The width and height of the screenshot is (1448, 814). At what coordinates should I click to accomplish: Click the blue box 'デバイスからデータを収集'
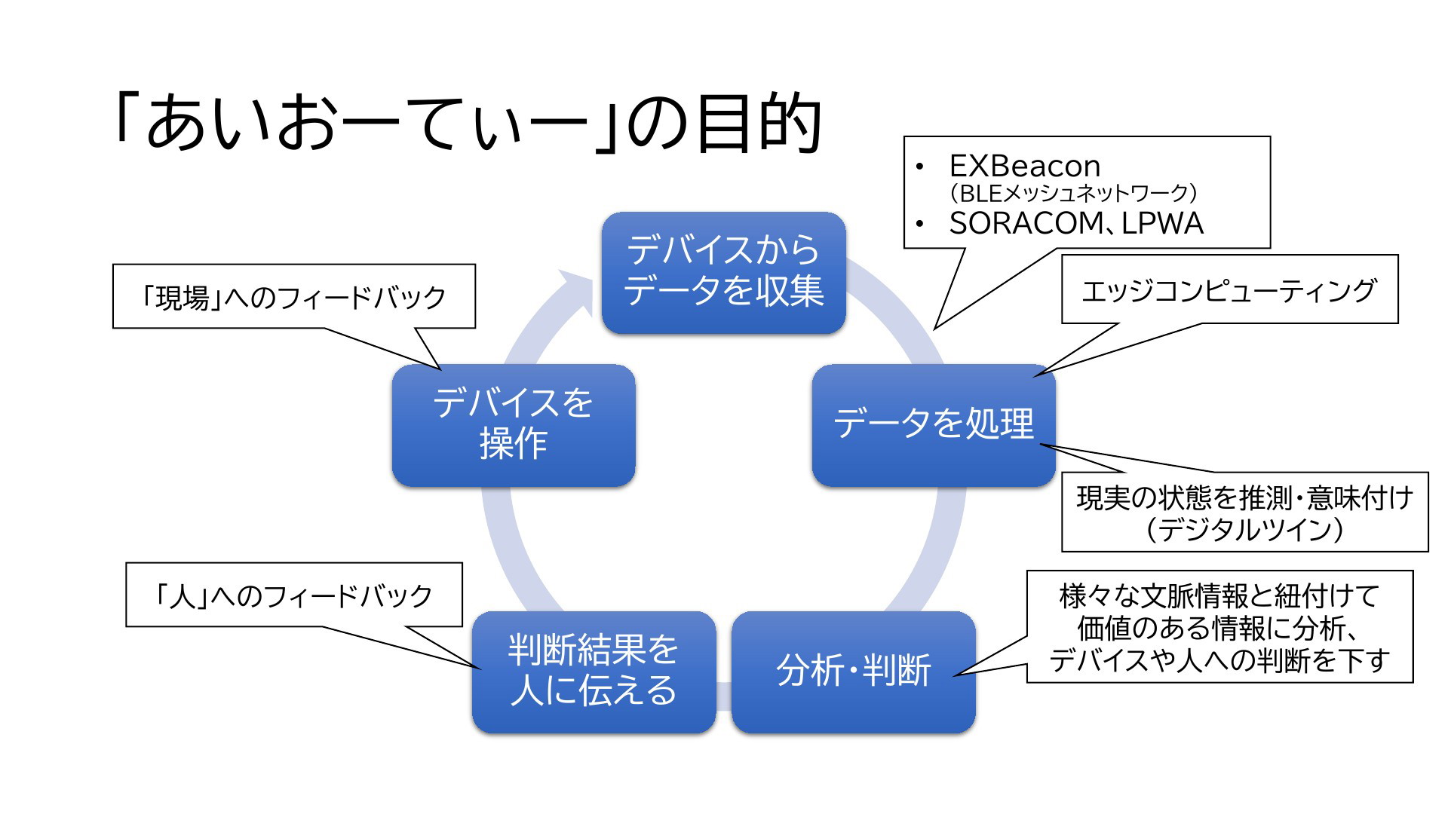tap(723, 273)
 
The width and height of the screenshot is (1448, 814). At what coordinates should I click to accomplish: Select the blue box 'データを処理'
tap(933, 425)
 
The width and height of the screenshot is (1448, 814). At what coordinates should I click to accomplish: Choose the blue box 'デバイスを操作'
tap(514, 425)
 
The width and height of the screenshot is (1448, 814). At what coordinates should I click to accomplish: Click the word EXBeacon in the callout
tap(1024, 166)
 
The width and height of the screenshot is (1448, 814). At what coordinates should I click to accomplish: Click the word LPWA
tap(1162, 224)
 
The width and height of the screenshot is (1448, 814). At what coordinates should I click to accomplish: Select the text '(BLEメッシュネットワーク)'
tap(1073, 194)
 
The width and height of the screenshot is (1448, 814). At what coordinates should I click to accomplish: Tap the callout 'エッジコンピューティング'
tap(1229, 290)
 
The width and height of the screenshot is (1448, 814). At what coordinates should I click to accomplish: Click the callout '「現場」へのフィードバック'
tap(294, 297)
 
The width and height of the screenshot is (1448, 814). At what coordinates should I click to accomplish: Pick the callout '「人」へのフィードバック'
tap(293, 595)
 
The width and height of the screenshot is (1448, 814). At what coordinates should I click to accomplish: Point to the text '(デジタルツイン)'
tap(1244, 529)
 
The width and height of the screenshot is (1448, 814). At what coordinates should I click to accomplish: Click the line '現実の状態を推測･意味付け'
tap(1244, 497)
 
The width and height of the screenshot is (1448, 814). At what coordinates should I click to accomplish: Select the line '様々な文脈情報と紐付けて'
tap(1219, 596)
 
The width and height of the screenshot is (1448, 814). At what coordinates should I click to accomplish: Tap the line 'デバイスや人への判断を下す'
tap(1219, 661)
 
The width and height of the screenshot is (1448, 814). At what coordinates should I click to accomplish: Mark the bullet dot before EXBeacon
tap(919, 167)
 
